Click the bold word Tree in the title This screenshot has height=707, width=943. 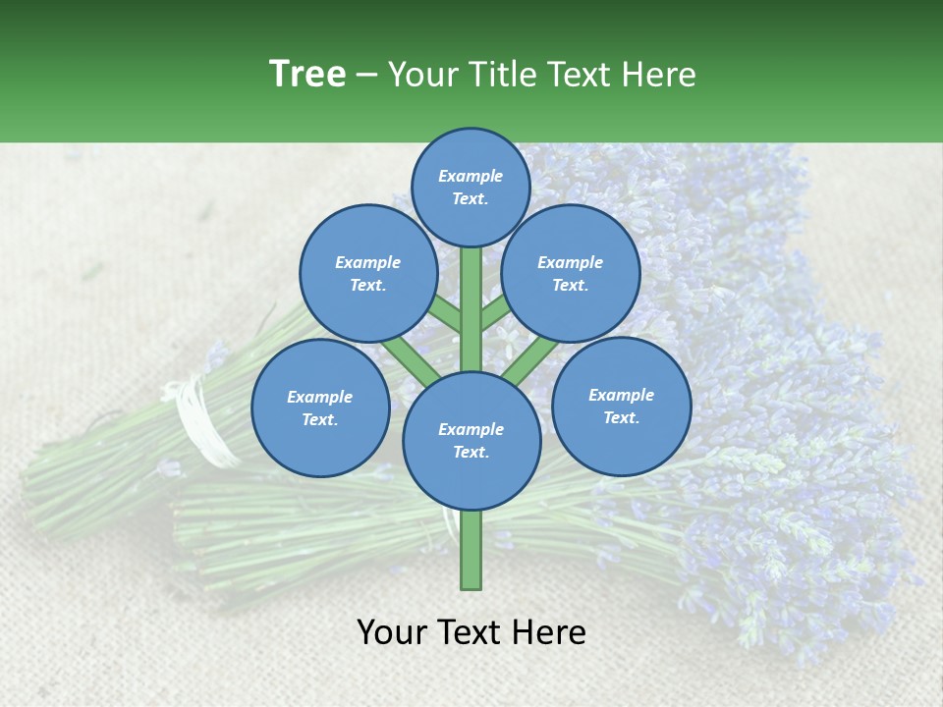307,75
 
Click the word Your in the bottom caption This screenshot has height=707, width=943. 392,632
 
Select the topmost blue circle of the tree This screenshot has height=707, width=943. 471,187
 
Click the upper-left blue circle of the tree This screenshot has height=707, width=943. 368,273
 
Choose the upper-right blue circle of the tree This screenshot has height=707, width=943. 571,273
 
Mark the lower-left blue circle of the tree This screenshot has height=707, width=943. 320,408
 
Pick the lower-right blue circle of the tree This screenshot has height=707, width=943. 621,406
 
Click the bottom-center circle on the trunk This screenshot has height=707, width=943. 471,440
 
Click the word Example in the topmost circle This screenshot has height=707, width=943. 471,176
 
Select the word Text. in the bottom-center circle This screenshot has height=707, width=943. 471,452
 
